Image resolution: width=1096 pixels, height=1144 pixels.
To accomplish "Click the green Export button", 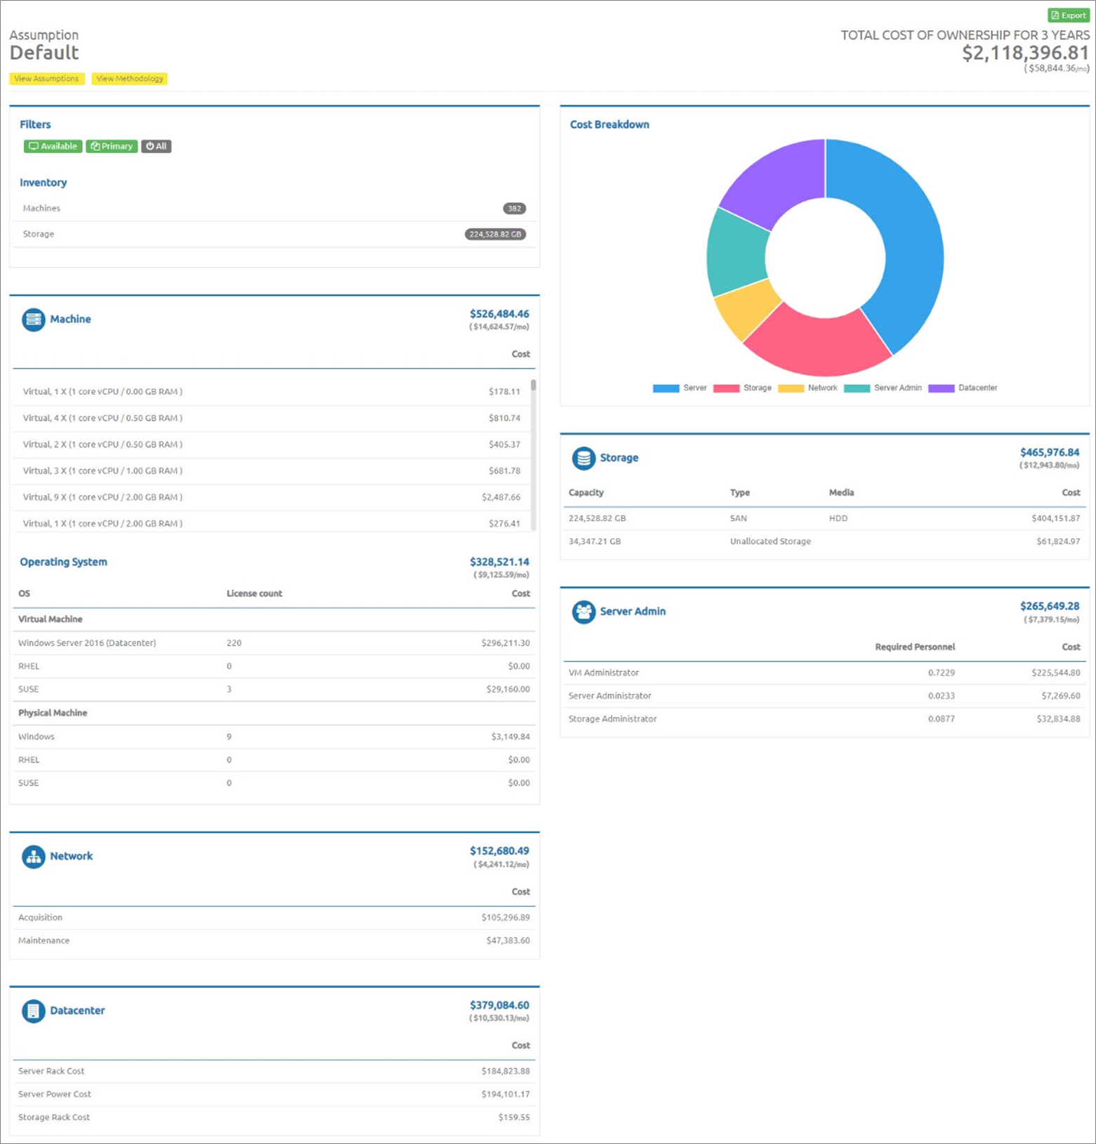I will tap(1068, 15).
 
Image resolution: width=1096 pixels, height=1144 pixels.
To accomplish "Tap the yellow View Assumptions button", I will tap(47, 79).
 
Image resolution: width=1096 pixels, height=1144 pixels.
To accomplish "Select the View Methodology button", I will tap(129, 79).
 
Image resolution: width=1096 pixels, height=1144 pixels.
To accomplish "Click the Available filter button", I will tap(53, 146).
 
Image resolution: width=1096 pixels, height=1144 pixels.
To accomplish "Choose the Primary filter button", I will tap(112, 146).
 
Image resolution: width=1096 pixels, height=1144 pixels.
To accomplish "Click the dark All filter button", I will tap(156, 146).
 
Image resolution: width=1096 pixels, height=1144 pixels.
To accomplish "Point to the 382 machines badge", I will tap(514, 209).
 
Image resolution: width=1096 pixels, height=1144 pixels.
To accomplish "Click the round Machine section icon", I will tap(33, 320).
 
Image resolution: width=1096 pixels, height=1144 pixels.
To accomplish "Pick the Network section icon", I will tap(33, 857).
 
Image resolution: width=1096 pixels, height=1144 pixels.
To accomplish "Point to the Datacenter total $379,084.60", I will tap(499, 1005).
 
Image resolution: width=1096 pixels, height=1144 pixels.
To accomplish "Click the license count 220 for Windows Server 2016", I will tap(234, 643).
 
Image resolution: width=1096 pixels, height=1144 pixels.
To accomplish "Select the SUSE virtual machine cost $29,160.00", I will tap(508, 689).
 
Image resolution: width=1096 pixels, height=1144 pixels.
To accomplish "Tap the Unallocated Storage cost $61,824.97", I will tap(1058, 541).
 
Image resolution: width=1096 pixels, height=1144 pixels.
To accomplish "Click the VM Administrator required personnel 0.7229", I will tap(941, 673).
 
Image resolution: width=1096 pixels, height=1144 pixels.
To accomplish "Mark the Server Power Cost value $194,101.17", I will tap(506, 1094).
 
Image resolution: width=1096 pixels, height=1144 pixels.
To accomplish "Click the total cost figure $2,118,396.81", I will tap(1024, 53).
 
